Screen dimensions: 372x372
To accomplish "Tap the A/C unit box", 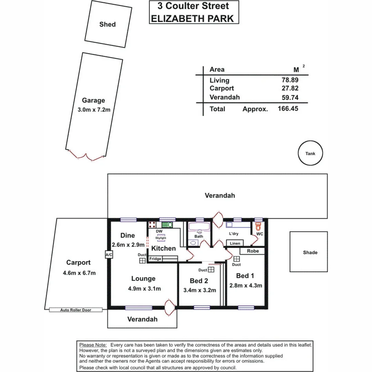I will pyautogui.click(x=108, y=255).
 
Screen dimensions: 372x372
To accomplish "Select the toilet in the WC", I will pyautogui.click(x=259, y=227).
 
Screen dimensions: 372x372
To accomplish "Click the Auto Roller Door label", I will pyautogui.click(x=76, y=310).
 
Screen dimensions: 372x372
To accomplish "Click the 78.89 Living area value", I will pyautogui.click(x=290, y=80).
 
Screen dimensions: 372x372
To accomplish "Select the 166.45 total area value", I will pyautogui.click(x=288, y=109).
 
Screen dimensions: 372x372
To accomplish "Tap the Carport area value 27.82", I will pyautogui.click(x=290, y=88).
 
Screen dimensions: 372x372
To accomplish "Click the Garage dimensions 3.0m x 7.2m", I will pyautogui.click(x=93, y=110).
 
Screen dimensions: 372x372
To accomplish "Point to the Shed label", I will pyautogui.click(x=107, y=24).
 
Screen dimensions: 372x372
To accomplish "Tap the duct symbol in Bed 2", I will pyautogui.click(x=211, y=270).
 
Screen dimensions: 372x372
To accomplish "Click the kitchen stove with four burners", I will pyautogui.click(x=152, y=225).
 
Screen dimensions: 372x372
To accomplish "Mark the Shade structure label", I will pyautogui.click(x=310, y=252).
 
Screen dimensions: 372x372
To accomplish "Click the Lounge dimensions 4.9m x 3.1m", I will pyautogui.click(x=143, y=289).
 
